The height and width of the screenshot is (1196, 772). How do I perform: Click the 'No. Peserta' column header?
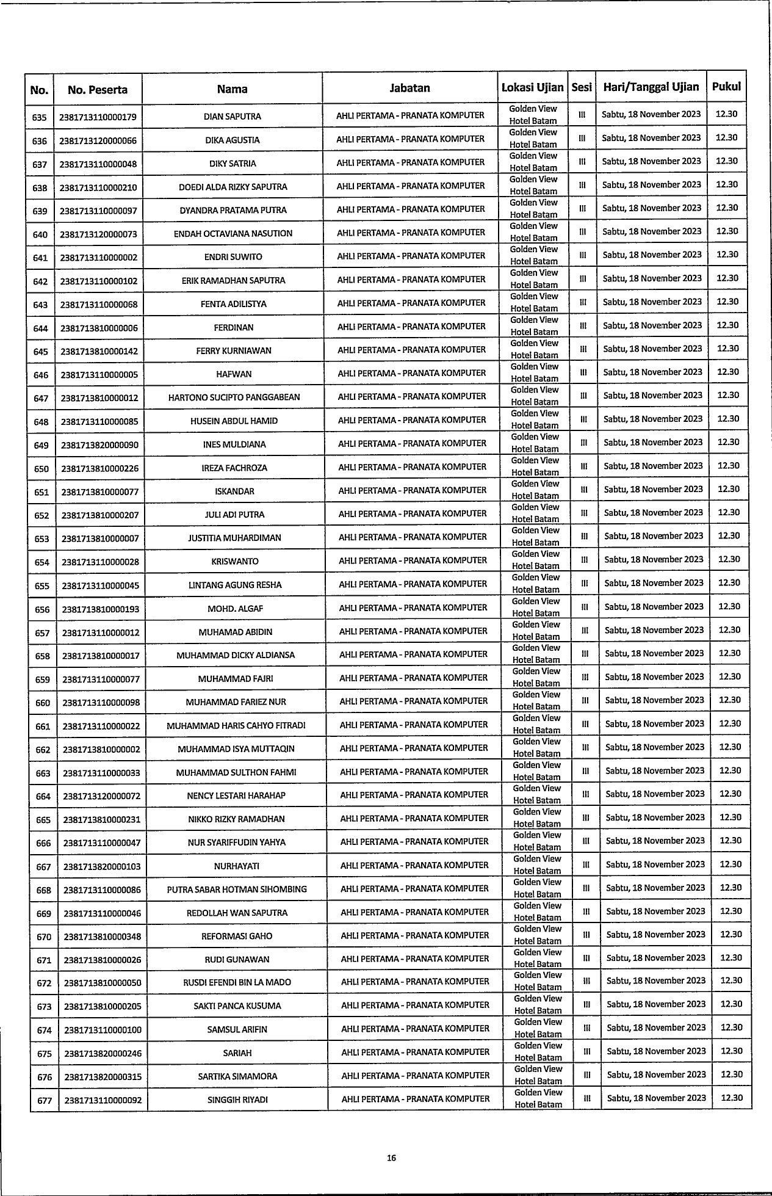point(98,90)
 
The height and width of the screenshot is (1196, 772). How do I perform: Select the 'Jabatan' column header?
point(409,88)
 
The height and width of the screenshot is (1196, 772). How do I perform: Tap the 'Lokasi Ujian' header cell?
point(532,87)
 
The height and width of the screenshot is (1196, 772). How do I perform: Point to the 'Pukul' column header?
point(726,87)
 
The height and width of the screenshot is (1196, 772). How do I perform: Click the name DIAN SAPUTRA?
point(233,116)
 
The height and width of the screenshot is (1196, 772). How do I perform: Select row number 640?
point(40,234)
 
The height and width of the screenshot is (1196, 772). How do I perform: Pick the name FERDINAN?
point(234,327)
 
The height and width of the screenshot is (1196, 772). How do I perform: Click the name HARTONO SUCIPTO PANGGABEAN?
point(234,397)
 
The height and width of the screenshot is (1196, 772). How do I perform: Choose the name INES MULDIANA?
point(234,444)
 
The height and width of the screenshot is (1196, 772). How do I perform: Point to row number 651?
point(41,491)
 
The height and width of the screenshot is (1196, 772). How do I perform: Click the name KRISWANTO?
point(235,561)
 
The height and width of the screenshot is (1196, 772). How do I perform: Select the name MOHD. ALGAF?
point(236,608)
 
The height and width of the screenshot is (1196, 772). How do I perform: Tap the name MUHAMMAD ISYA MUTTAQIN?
point(236,748)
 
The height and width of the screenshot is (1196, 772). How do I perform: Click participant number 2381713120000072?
point(102,796)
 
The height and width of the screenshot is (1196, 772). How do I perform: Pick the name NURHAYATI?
point(237,866)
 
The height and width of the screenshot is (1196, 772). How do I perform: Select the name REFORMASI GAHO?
point(237,936)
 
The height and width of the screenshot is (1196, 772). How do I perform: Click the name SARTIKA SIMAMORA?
point(237,1076)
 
